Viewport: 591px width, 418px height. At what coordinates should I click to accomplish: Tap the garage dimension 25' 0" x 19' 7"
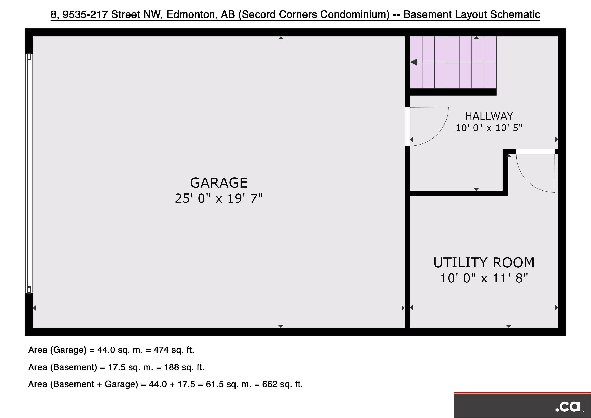(x=219, y=198)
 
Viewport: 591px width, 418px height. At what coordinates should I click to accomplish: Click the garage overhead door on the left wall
(x=29, y=173)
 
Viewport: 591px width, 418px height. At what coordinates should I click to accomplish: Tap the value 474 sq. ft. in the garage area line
(x=174, y=350)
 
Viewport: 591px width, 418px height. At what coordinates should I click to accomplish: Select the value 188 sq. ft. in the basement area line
(x=184, y=367)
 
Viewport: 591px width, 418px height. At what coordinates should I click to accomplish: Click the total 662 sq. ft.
(x=282, y=384)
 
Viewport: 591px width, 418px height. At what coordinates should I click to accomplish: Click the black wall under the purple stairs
(x=453, y=92)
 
